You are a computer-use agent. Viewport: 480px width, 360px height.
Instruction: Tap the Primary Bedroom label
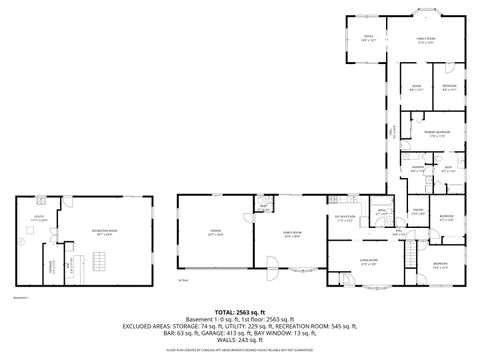433,133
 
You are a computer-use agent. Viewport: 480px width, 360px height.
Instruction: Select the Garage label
216,232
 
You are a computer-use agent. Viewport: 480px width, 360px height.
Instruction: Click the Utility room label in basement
39,216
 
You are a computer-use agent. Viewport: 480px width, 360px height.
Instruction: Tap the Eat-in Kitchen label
346,220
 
